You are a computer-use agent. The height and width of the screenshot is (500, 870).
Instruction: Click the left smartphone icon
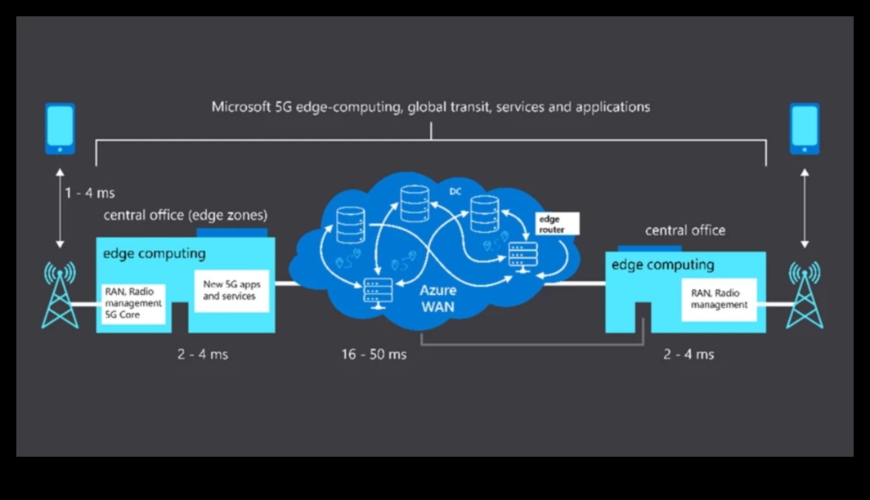coord(60,128)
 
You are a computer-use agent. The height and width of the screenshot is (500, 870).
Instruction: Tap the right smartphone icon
coord(804,128)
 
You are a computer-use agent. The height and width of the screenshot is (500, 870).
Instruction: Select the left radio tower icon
coord(60,295)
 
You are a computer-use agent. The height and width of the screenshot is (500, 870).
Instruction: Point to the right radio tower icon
coord(804,295)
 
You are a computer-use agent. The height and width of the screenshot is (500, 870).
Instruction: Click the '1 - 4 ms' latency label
coord(90,194)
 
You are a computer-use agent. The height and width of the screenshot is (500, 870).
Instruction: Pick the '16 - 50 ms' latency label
coord(374,355)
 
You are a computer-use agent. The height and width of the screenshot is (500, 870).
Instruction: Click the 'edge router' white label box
coord(557,224)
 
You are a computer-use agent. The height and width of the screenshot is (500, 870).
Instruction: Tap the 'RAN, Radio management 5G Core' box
coord(133,302)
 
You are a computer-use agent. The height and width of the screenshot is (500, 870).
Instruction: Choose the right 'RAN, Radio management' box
coord(719,299)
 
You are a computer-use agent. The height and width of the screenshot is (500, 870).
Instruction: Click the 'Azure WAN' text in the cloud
coord(438,298)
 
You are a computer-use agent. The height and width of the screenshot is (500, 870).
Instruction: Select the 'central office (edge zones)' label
coord(185,215)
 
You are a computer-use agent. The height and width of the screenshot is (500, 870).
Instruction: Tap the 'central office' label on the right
coord(684,230)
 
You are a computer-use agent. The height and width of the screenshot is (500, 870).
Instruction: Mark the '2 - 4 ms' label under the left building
coord(203,355)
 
